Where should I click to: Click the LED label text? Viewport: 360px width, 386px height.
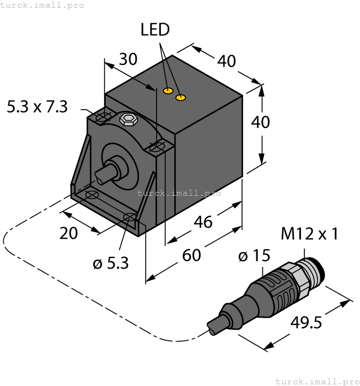pyautogui.click(x=155, y=30)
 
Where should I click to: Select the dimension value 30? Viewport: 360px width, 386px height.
pyautogui.click(x=128, y=60)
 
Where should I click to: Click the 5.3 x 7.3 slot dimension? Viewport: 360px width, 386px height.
pyautogui.click(x=37, y=106)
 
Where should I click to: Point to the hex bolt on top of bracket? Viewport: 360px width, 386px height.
pyautogui.click(x=128, y=119)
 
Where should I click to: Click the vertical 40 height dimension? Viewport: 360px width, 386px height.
pyautogui.click(x=260, y=121)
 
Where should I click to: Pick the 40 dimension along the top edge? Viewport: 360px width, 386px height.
pyautogui.click(x=227, y=61)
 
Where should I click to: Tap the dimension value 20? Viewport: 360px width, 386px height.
pyautogui.click(x=68, y=233)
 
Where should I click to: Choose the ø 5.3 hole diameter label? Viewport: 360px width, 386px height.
pyautogui.click(x=111, y=263)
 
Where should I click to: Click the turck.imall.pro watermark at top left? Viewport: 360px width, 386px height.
pyautogui.click(x=42, y=5)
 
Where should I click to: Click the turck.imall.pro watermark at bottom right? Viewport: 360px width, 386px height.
pyautogui.click(x=316, y=381)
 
